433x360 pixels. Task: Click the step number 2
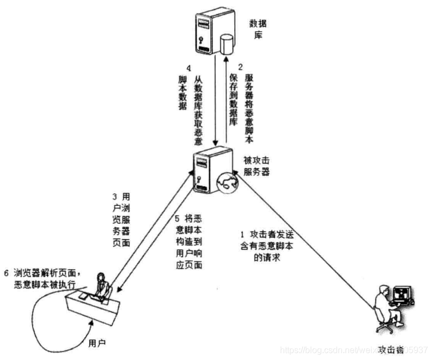click(x=248, y=69)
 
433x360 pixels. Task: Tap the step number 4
click(x=188, y=69)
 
